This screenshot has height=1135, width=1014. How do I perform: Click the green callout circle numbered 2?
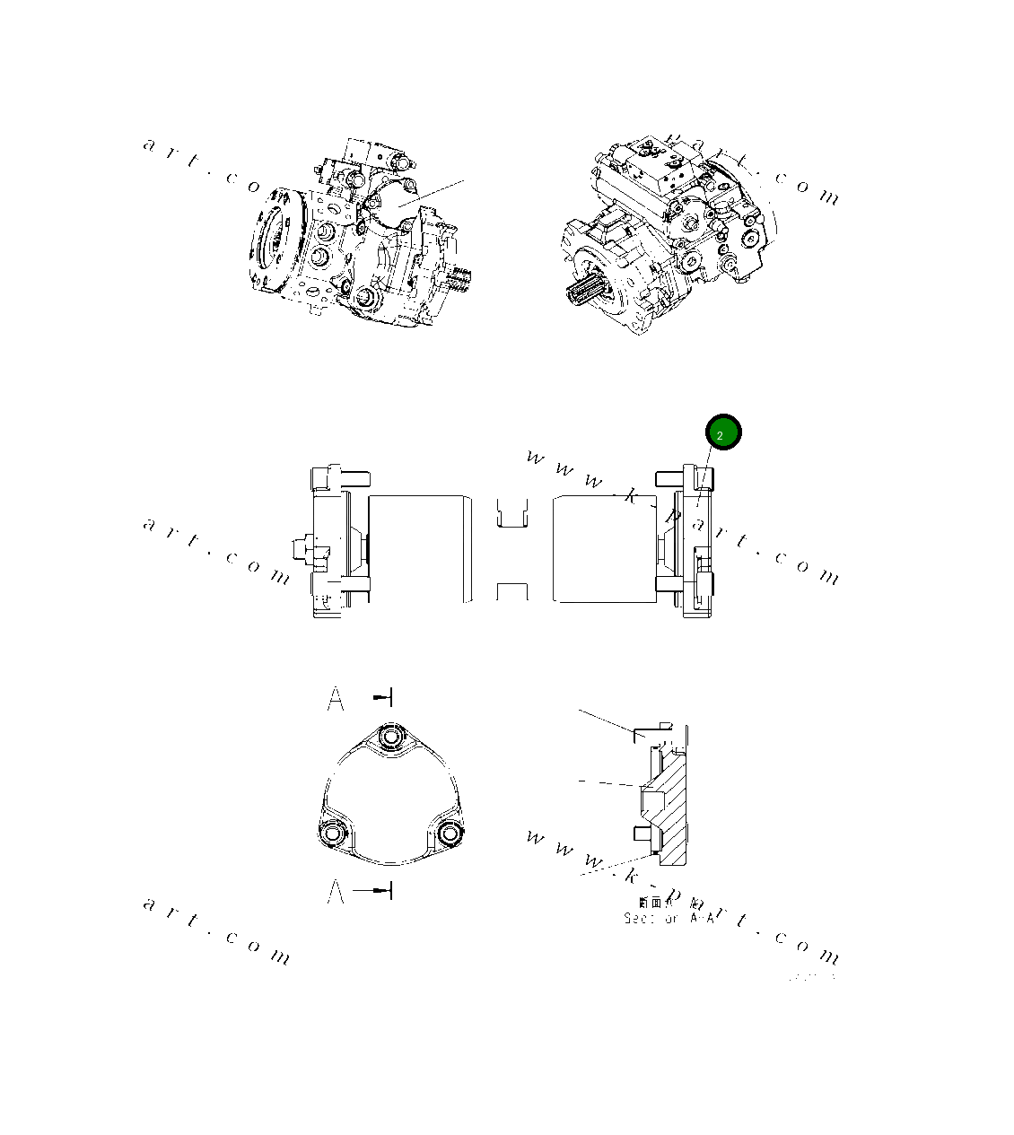722,433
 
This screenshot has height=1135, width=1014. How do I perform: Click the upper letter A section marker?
336,698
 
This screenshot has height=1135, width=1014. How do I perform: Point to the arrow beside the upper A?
383,697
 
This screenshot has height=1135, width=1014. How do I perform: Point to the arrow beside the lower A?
374,890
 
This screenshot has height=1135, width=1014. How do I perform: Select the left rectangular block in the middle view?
420,547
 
